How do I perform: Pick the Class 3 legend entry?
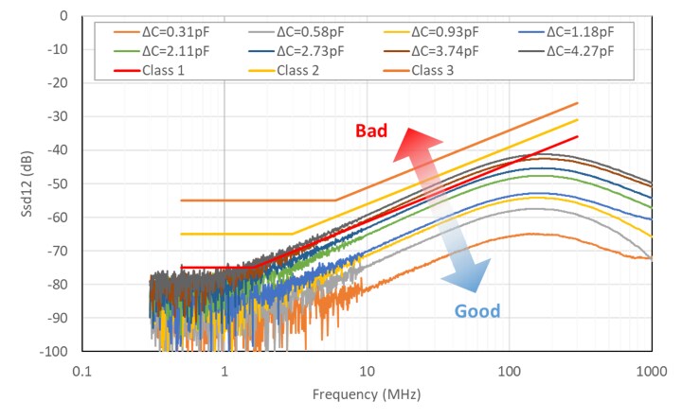point(445,70)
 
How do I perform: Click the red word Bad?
point(371,131)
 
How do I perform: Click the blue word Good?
point(476,311)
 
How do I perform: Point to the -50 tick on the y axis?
point(57,183)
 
